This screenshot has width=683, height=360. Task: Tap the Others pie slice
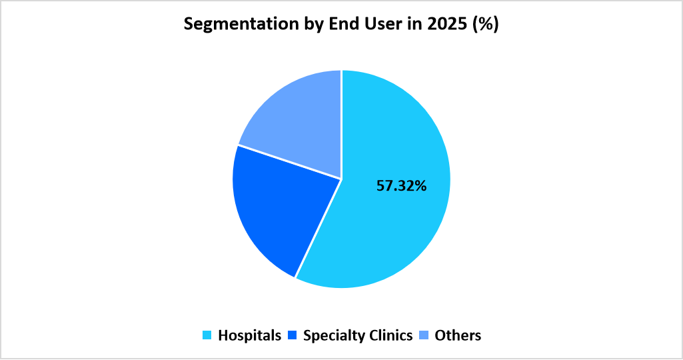[x=300, y=120]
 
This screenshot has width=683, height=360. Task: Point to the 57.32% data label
[x=401, y=186]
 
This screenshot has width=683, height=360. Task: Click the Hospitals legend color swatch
[x=207, y=335]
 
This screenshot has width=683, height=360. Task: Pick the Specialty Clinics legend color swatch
[x=292, y=335]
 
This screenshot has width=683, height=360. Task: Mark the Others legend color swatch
[x=424, y=335]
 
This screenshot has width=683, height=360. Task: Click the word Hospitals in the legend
[x=249, y=335]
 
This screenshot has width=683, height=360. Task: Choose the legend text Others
[x=458, y=335]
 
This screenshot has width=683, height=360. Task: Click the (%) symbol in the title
[x=485, y=25]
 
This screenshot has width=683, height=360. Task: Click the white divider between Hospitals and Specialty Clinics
[x=319, y=228]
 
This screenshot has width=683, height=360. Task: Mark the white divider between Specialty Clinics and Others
[x=290, y=162]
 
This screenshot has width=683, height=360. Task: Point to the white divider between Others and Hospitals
[x=341, y=124]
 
